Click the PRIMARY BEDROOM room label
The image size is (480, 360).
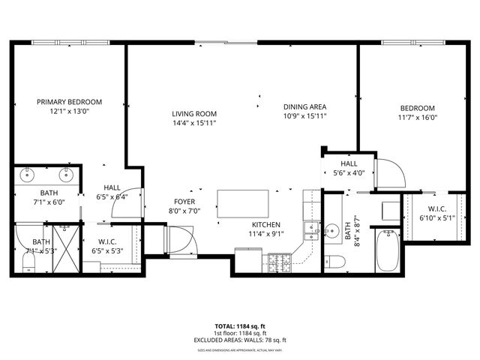pos(70,102)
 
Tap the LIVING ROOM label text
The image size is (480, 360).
pos(193,113)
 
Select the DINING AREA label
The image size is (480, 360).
pos(304,106)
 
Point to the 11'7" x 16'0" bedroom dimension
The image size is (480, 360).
pos(417,117)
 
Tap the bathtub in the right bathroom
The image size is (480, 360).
pos(388,252)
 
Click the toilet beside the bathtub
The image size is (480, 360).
pos(337,262)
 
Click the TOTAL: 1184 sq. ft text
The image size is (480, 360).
pos(239,326)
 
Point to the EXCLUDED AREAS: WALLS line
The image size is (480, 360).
pos(239,340)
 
